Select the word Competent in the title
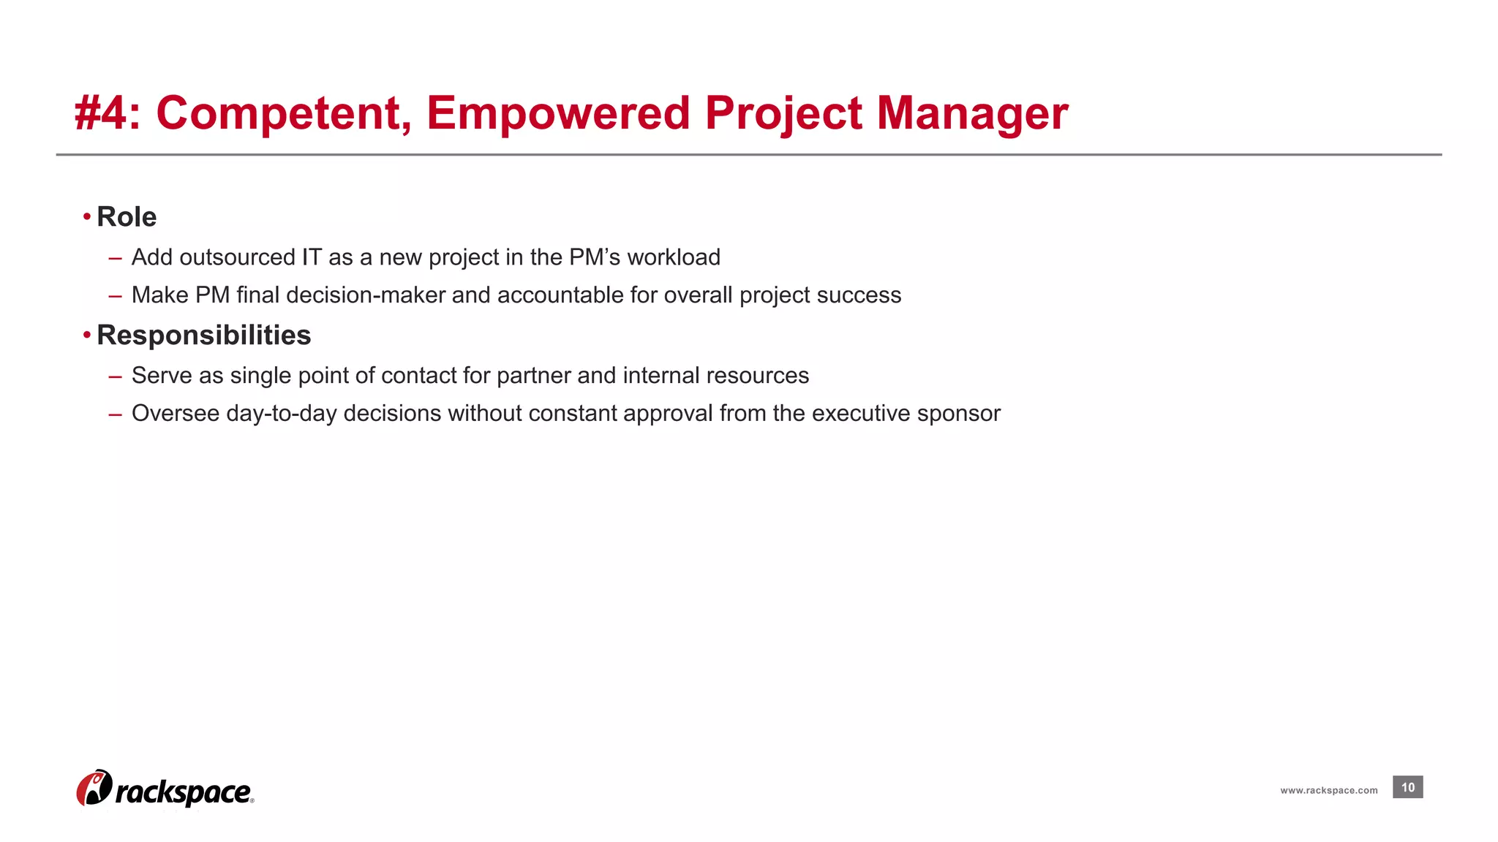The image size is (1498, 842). pyautogui.click(x=278, y=114)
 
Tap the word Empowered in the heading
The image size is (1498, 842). pyautogui.click(x=558, y=114)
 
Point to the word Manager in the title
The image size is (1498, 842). pyautogui.click(x=972, y=114)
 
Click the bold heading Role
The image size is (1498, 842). pyautogui.click(x=127, y=217)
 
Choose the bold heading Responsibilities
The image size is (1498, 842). pyautogui.click(x=203, y=335)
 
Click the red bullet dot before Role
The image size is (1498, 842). pyautogui.click(x=87, y=216)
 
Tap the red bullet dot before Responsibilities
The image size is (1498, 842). pyautogui.click(x=87, y=335)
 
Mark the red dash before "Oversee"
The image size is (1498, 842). pyautogui.click(x=115, y=414)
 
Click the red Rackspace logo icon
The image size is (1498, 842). pyautogui.click(x=94, y=788)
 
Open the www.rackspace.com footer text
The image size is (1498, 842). pyautogui.click(x=1328, y=790)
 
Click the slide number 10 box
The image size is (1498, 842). pyautogui.click(x=1407, y=787)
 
